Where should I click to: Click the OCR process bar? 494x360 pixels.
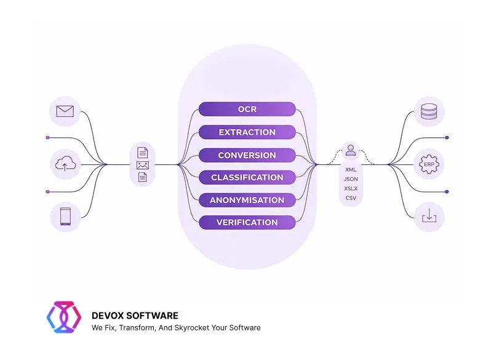pyautogui.click(x=247, y=110)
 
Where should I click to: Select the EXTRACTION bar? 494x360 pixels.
pyautogui.click(x=247, y=132)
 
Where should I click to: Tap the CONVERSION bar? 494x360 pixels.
pyautogui.click(x=247, y=155)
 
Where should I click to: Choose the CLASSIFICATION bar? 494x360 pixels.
pyautogui.click(x=247, y=177)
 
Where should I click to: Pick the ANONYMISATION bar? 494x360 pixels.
pyautogui.click(x=247, y=200)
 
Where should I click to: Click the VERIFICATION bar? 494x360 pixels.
pyautogui.click(x=247, y=222)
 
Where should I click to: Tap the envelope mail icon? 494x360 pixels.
pyautogui.click(x=65, y=111)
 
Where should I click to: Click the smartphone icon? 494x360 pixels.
pyautogui.click(x=65, y=217)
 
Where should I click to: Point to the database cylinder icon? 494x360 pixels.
pyautogui.click(x=428, y=111)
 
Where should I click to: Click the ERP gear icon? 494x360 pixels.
pyautogui.click(x=428, y=164)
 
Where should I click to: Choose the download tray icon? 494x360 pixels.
pyautogui.click(x=428, y=217)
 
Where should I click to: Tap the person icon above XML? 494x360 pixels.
pyautogui.click(x=351, y=150)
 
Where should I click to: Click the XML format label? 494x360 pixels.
pyautogui.click(x=351, y=169)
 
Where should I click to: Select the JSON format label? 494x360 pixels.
pyautogui.click(x=351, y=178)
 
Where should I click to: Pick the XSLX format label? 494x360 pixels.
pyautogui.click(x=351, y=188)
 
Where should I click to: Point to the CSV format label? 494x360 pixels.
pyautogui.click(x=351, y=198)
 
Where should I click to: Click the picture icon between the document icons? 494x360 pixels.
pyautogui.click(x=142, y=165)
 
